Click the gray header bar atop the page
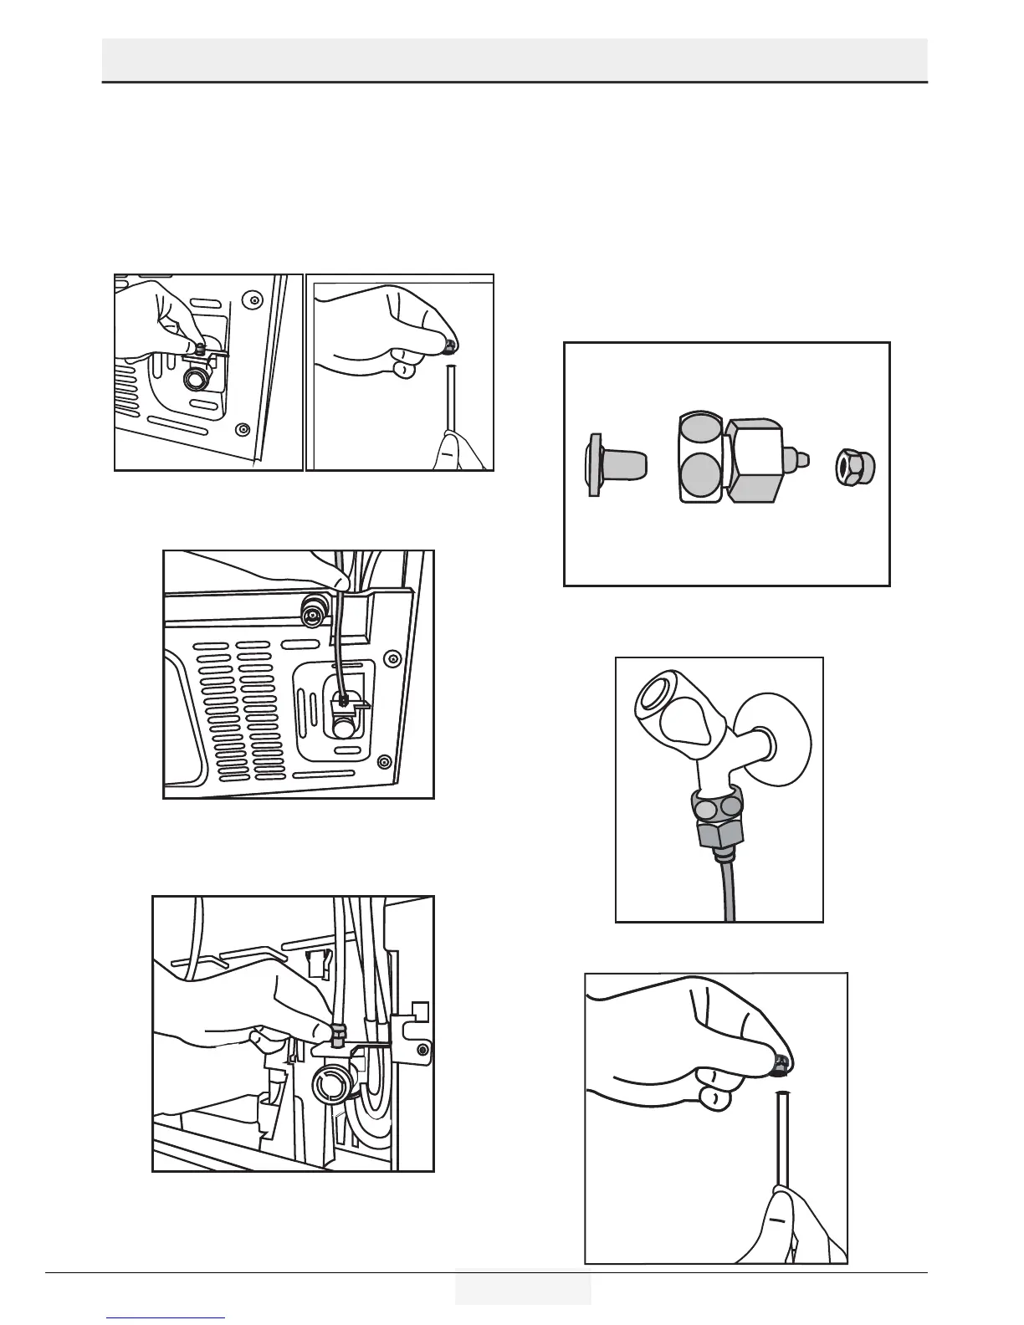515,59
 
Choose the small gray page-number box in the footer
523,1287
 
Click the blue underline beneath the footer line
166,1317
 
